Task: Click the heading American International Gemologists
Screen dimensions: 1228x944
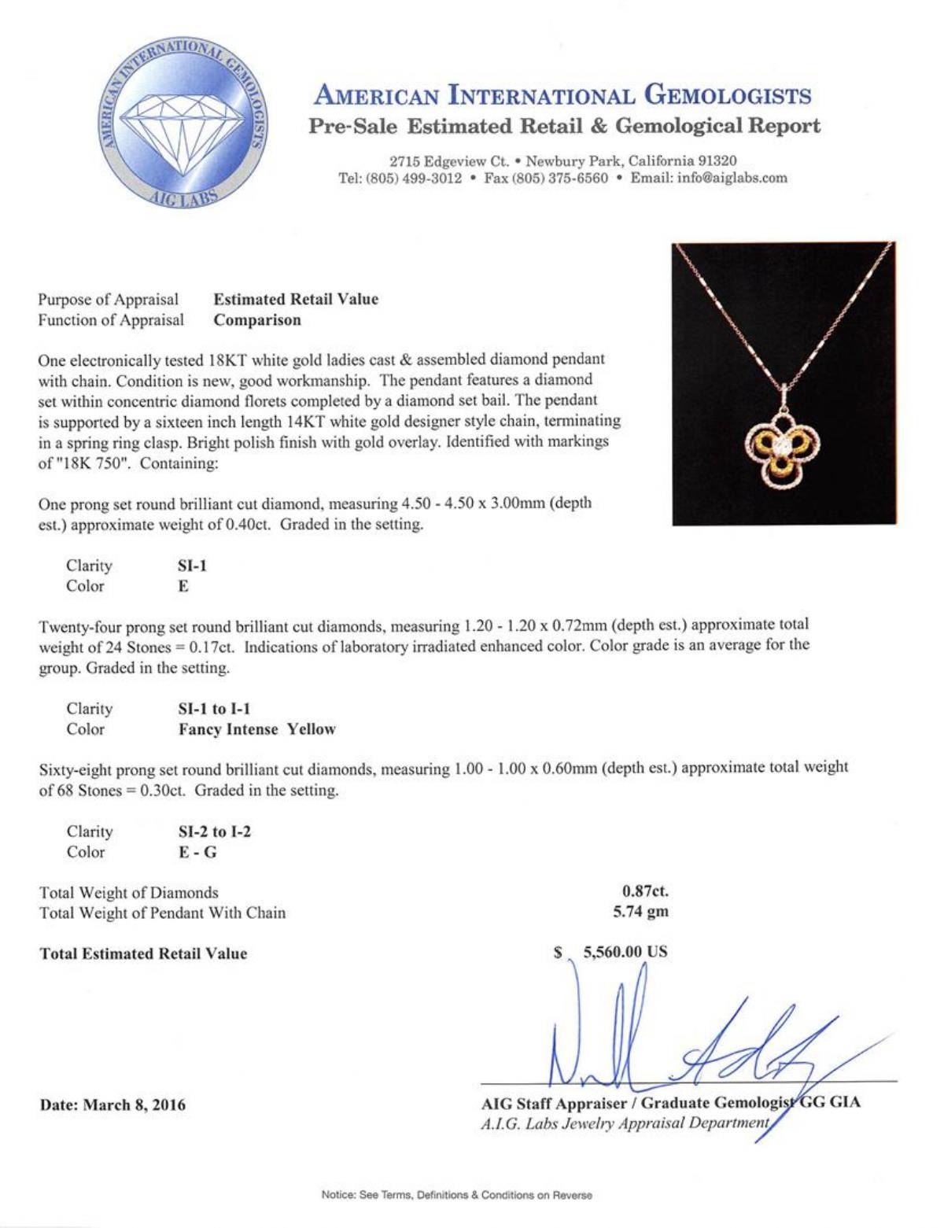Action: [x=562, y=96]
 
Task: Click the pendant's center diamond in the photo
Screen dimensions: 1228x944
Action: [x=784, y=445]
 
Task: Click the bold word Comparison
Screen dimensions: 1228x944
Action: [x=257, y=320]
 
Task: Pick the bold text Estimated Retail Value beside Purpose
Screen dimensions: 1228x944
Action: [x=296, y=299]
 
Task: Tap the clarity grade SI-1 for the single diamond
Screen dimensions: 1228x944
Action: [x=193, y=566]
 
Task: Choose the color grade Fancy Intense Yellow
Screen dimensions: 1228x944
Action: [x=257, y=729]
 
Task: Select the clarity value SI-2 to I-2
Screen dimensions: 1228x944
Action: [x=215, y=832]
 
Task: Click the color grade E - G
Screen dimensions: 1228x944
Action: [x=197, y=852]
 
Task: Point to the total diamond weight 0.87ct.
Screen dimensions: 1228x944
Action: [x=645, y=891]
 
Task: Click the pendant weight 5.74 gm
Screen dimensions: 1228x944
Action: [x=640, y=913]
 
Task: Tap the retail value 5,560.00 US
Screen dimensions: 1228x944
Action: [x=625, y=952]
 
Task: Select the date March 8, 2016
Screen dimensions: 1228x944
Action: [x=135, y=1104]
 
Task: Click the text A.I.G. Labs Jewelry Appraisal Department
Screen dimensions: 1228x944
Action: [x=625, y=1123]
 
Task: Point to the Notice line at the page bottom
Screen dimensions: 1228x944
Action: [x=456, y=1195]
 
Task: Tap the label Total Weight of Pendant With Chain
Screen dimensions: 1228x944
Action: [x=163, y=913]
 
